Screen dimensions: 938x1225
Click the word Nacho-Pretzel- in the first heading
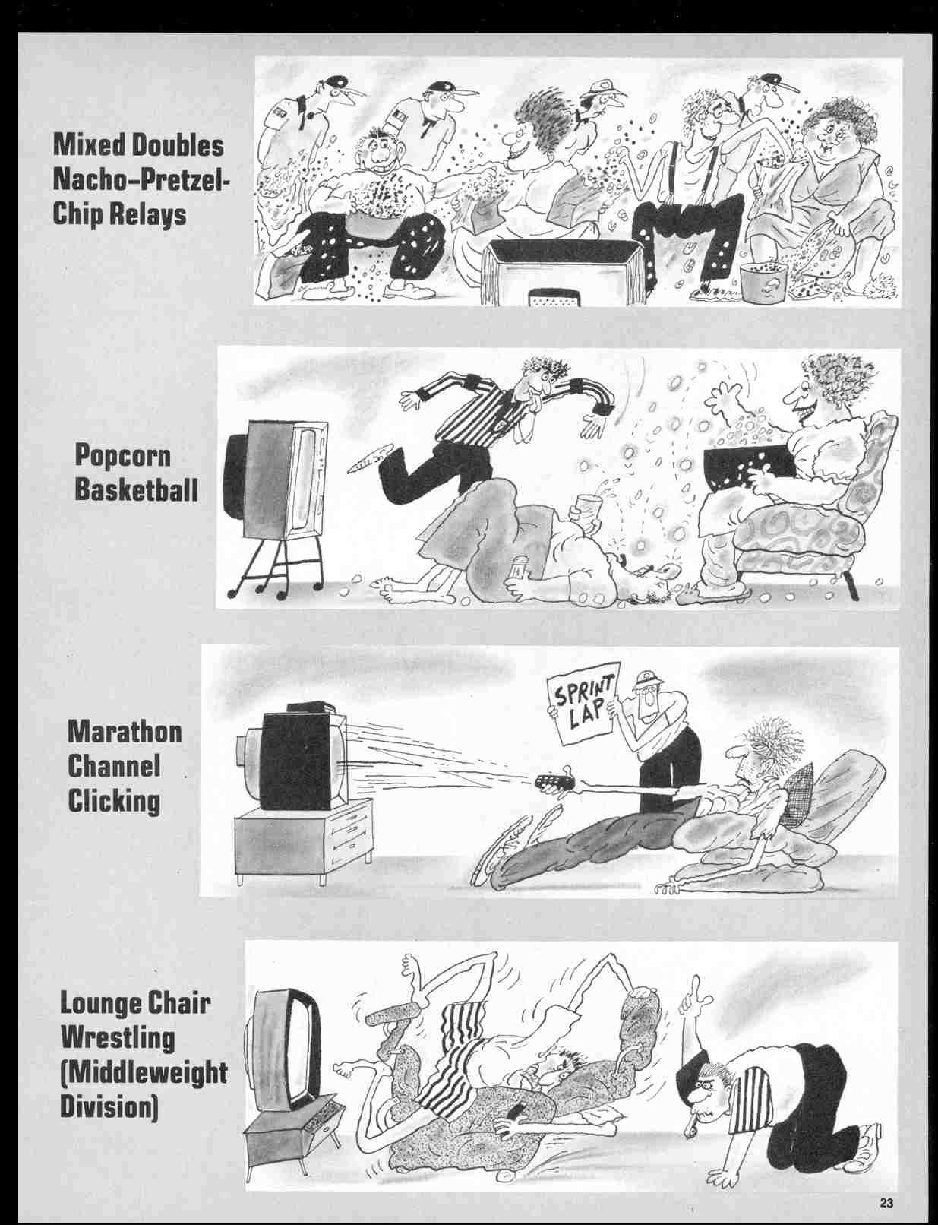tap(141, 181)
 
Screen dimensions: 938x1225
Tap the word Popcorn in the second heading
tap(123, 456)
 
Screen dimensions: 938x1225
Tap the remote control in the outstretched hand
tap(553, 783)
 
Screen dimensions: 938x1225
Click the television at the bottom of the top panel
tap(563, 273)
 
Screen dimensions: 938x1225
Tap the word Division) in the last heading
tap(109, 1106)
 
